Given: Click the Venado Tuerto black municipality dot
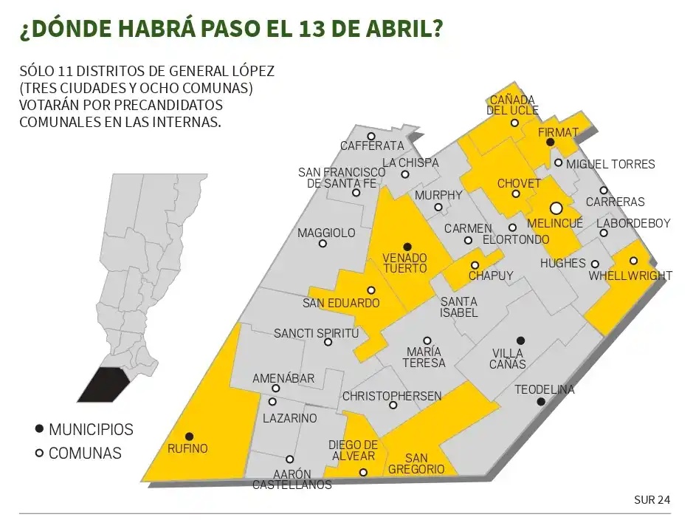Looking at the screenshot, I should click(407, 246).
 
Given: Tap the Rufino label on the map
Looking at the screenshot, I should click(187, 448).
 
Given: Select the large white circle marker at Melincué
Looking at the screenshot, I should click(556, 208).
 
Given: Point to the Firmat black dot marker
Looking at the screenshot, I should click(550, 142).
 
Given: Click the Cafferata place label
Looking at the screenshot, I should click(372, 146).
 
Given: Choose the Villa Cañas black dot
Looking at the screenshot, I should click(520, 341).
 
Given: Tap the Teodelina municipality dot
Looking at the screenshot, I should click(541, 402).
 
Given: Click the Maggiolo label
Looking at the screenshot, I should click(326, 233).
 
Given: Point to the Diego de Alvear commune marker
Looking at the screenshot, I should click(363, 472).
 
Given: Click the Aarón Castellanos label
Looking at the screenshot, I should click(292, 479).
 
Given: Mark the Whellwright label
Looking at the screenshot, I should click(630, 276).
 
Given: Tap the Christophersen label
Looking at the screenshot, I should click(392, 396).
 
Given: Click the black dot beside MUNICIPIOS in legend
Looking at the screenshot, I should click(38, 429).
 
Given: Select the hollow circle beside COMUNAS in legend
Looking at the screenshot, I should click(38, 454).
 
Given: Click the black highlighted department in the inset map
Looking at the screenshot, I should click(105, 384).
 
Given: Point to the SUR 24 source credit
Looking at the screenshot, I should click(652, 500).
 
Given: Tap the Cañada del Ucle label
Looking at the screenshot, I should click(512, 105).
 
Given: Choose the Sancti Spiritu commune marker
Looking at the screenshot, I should click(328, 341).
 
